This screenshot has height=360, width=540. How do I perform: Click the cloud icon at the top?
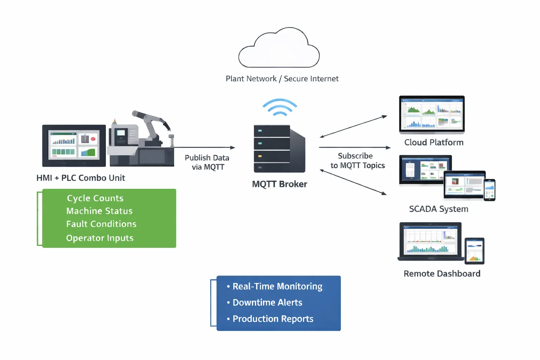tap(279, 49)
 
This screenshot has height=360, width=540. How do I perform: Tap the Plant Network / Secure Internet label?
tap(282, 79)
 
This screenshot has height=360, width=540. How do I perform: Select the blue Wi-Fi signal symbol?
tap(280, 107)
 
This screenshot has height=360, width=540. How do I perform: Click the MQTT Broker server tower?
tap(279, 149)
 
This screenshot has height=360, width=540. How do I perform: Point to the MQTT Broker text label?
tap(279, 184)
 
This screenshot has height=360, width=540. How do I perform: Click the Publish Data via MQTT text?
tap(207, 162)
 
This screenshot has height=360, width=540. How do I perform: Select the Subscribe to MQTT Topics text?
tap(357, 161)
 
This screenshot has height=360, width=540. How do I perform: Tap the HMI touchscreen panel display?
tap(74, 145)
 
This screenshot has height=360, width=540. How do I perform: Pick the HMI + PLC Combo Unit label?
tap(81, 178)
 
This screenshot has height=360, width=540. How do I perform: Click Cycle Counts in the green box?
tap(95, 198)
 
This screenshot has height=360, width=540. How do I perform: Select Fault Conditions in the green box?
tap(101, 224)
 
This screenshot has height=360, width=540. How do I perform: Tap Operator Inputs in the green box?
tap(100, 238)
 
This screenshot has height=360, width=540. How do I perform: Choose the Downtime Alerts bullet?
tap(267, 302)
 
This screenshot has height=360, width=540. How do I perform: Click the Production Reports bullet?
tap(273, 319)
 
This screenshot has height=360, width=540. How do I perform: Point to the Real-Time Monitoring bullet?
tap(277, 286)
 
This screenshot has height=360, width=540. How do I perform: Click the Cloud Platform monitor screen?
tap(432, 114)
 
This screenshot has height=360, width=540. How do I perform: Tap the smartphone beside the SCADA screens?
tap(489, 190)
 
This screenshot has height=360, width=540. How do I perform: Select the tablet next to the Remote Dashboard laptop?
tap(475, 251)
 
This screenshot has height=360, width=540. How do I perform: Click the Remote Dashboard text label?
tap(442, 274)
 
